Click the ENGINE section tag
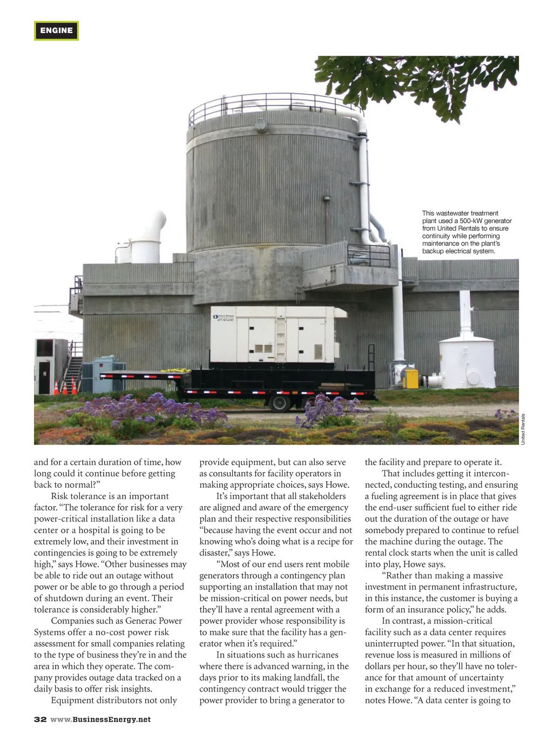(56, 31)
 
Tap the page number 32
(40, 719)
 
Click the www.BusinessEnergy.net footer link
(101, 719)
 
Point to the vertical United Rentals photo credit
(523, 429)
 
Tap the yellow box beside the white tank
(412, 378)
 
